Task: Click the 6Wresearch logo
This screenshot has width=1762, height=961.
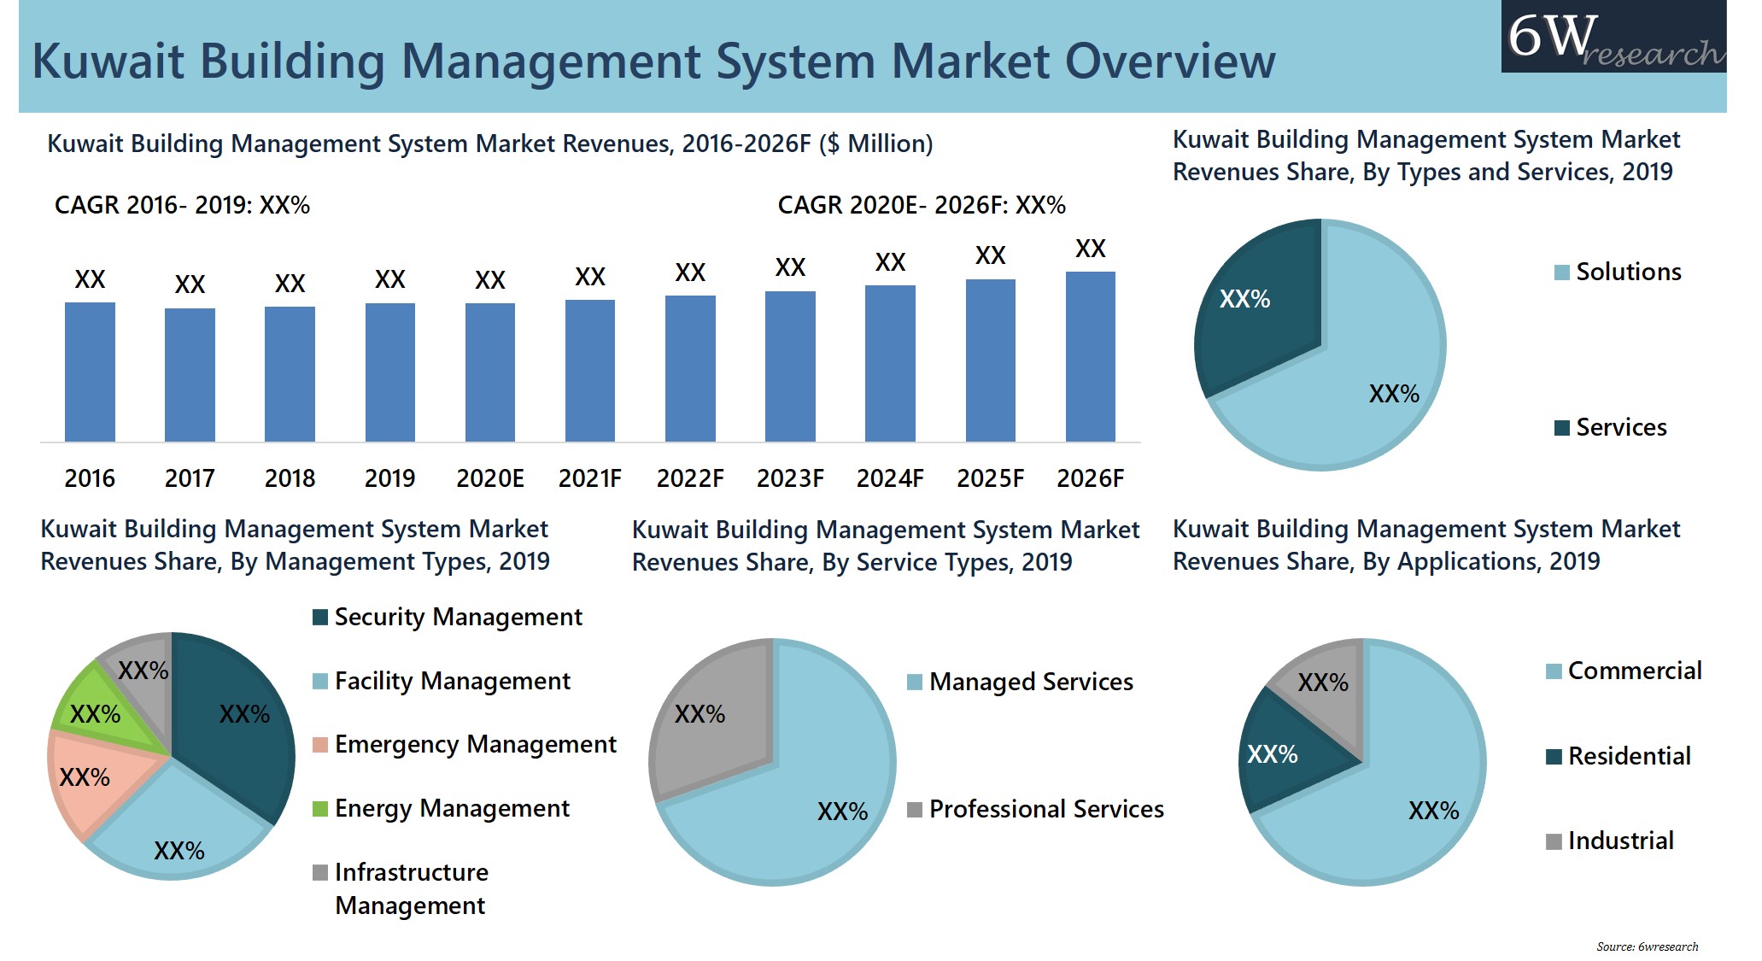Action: [x=1613, y=37]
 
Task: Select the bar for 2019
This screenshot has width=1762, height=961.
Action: [x=389, y=372]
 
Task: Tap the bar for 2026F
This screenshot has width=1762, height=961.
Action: [x=1090, y=357]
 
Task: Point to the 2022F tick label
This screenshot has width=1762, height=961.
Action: [x=689, y=478]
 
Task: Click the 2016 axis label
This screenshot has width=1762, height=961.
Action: [x=90, y=478]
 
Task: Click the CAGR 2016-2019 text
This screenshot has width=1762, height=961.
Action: [x=182, y=205]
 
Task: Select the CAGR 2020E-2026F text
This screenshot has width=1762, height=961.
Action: [x=921, y=205]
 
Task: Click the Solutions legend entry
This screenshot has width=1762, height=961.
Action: [x=1618, y=272]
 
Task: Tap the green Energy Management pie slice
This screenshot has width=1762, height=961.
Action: [x=98, y=709]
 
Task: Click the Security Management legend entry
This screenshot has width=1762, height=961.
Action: [x=448, y=617]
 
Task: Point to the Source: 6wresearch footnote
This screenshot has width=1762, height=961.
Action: [x=1647, y=946]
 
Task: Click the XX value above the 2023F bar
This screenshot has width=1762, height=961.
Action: [x=790, y=267]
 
